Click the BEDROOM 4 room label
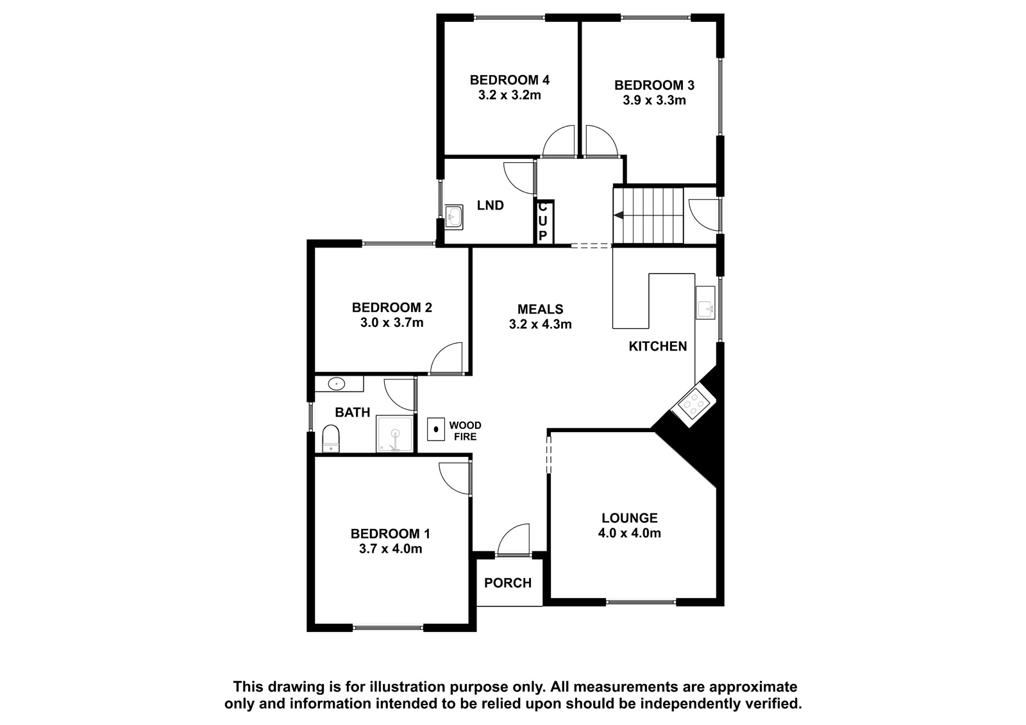click(x=509, y=80)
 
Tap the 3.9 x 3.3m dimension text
click(x=654, y=100)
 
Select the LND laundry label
click(x=490, y=205)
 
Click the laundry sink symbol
click(x=454, y=216)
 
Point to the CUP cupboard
click(x=544, y=222)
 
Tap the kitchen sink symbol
click(x=705, y=303)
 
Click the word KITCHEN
click(x=658, y=346)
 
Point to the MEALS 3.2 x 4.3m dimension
click(x=540, y=324)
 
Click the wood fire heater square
click(x=436, y=429)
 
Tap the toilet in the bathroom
click(x=331, y=438)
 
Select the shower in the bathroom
click(x=394, y=434)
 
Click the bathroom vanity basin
click(x=337, y=383)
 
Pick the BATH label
click(x=352, y=413)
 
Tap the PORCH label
click(x=508, y=583)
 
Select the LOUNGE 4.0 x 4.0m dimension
click(x=629, y=533)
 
